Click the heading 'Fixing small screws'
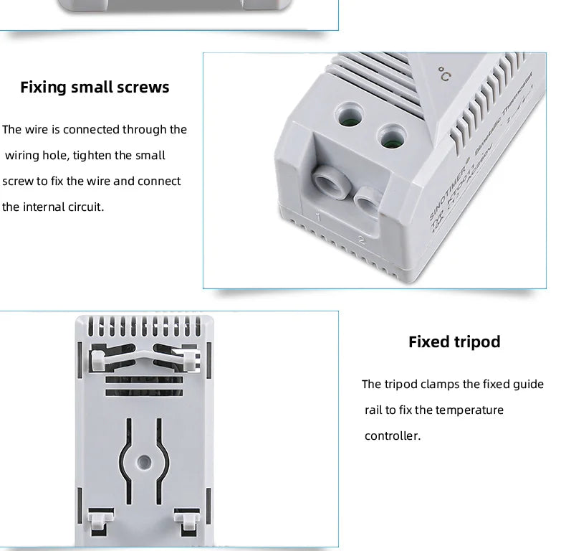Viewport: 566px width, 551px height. (95, 88)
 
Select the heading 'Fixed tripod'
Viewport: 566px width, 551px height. (454, 342)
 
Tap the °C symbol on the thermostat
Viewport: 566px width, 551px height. (445, 75)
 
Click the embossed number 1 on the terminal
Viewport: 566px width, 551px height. (317, 216)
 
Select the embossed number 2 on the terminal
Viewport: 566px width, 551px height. (361, 241)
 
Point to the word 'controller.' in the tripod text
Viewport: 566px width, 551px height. (392, 436)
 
